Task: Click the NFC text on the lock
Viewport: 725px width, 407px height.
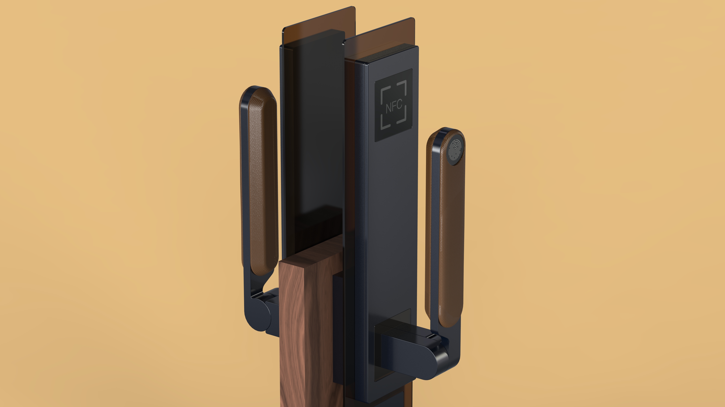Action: [x=394, y=107]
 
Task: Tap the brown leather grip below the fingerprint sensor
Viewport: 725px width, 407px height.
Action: [x=450, y=239]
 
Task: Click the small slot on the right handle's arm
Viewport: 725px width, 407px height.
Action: [x=432, y=336]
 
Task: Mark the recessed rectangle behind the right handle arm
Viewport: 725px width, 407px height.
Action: [x=394, y=318]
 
